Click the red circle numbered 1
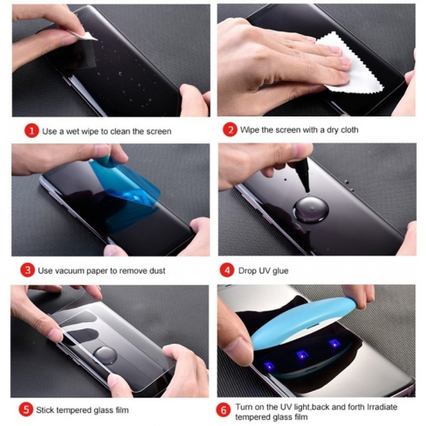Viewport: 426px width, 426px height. point(31,131)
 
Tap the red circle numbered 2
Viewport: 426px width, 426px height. point(229,131)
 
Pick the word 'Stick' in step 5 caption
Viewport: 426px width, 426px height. point(51,410)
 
